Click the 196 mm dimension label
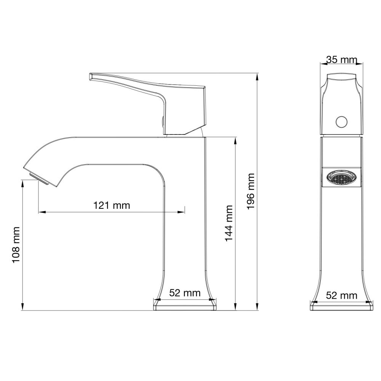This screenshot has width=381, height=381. (x=250, y=191)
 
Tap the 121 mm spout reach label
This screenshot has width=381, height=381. (x=112, y=205)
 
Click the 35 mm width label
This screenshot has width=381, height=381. (x=341, y=60)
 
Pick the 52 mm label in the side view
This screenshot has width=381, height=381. (x=185, y=293)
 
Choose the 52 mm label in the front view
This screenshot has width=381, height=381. (x=342, y=295)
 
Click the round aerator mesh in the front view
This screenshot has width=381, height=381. (x=341, y=178)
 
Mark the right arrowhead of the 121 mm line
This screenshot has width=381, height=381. (x=182, y=211)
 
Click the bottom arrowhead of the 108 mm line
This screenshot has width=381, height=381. (x=23, y=307)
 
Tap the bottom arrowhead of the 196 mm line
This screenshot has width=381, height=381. (x=257, y=307)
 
